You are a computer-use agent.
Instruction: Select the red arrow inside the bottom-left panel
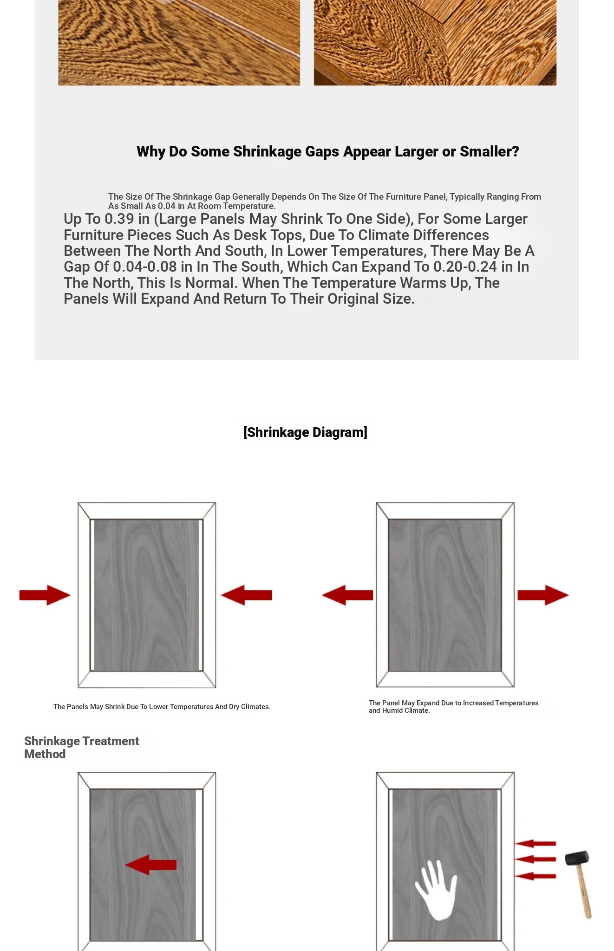150,865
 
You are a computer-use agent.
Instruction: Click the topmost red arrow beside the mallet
535,843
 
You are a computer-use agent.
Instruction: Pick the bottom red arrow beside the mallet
535,876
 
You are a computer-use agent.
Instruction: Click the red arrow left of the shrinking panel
45,595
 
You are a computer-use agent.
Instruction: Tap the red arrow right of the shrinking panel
246,595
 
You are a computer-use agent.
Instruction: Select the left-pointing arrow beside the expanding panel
347,595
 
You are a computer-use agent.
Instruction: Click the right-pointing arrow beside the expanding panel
543,595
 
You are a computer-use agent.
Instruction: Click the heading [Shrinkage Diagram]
305,432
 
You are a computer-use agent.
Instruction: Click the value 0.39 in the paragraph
119,219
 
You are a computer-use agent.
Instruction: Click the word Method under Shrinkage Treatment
45,754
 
